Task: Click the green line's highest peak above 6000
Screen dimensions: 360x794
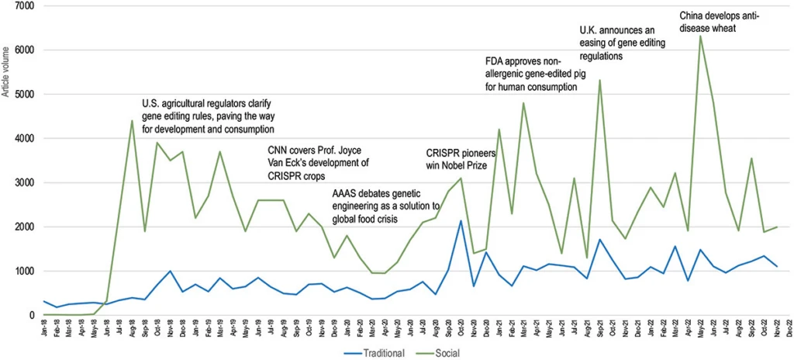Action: coord(700,36)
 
